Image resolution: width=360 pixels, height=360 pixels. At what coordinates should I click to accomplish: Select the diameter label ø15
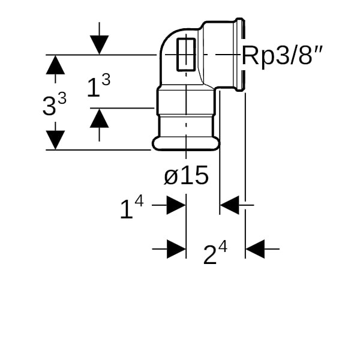coord(186,176)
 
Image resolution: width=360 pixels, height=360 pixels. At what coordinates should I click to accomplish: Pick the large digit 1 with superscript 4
coord(125,209)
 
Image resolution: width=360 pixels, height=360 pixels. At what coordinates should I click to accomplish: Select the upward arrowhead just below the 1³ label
coord(100,118)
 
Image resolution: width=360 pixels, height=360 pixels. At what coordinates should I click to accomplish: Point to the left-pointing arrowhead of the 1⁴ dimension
coord(230,205)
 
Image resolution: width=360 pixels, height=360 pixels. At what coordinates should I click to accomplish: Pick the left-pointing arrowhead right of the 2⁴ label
coord(256,248)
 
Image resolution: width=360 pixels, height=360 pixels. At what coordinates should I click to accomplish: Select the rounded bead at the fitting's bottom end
coord(182,143)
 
